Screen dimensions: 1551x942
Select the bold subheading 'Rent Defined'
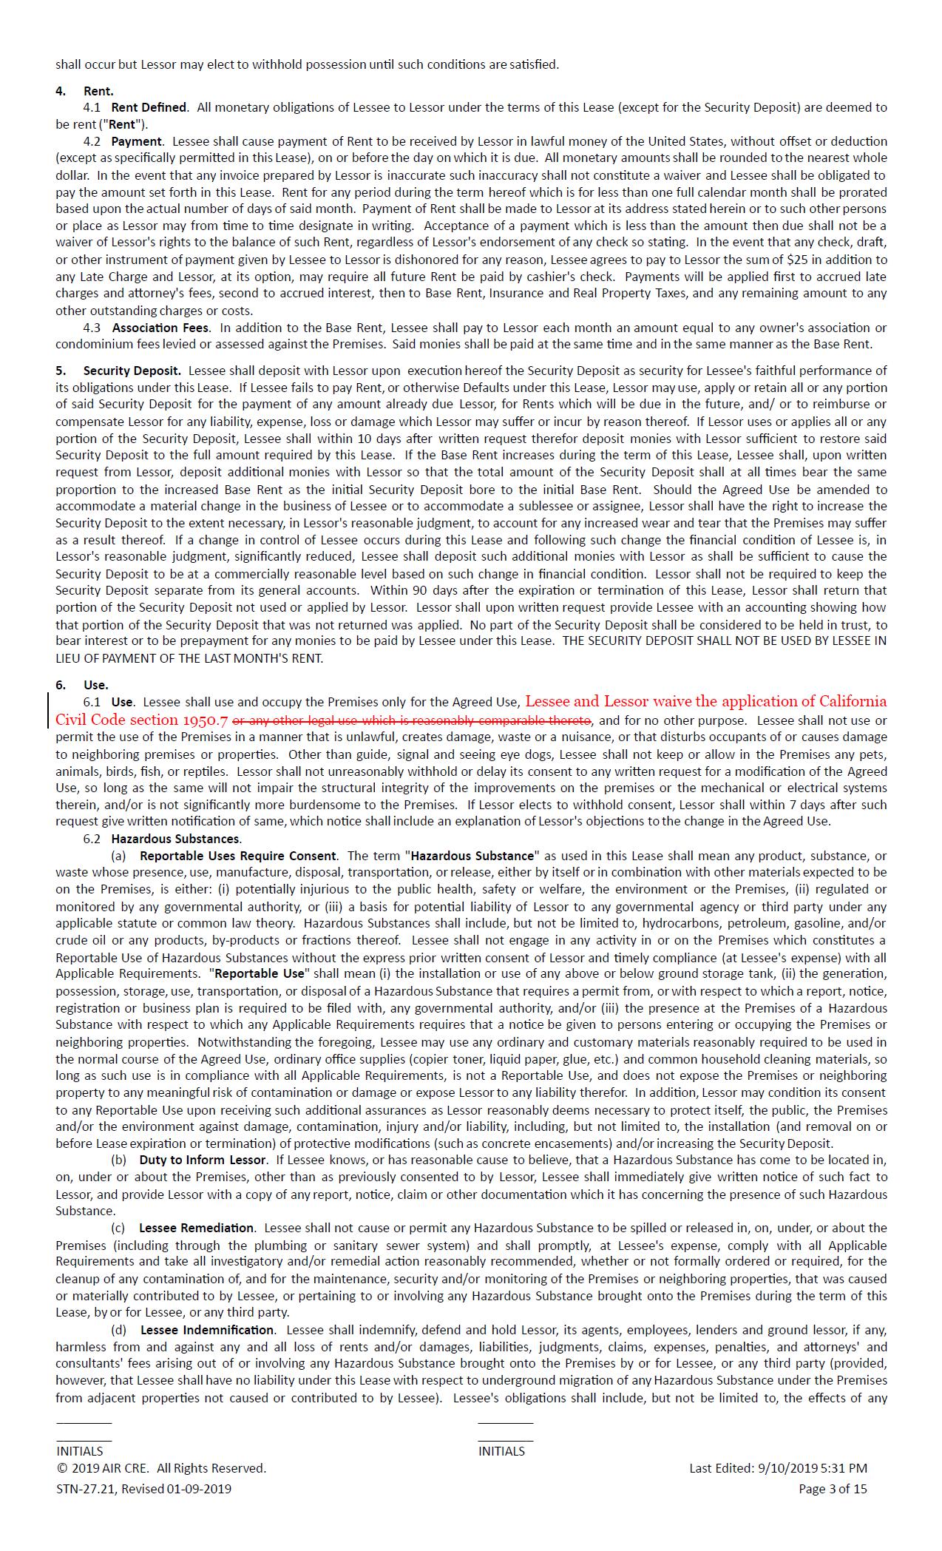pyautogui.click(x=149, y=108)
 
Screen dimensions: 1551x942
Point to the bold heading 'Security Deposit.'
pyautogui.click(x=132, y=371)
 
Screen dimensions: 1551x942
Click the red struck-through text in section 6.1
pyautogui.click(x=412, y=720)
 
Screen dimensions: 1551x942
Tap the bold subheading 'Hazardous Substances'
pyautogui.click(x=175, y=839)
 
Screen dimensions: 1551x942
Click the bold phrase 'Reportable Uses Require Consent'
pyautogui.click(x=238, y=856)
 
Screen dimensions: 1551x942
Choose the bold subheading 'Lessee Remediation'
pyautogui.click(x=196, y=1228)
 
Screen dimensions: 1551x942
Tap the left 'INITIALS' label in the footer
pyautogui.click(x=80, y=1451)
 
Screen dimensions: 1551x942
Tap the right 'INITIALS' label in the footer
pyautogui.click(x=501, y=1451)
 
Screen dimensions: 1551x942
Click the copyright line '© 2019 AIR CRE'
pyautogui.click(x=161, y=1468)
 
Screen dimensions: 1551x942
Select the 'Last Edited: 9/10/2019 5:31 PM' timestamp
pyautogui.click(x=778, y=1468)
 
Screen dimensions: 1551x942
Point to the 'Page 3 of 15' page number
pyautogui.click(x=833, y=1489)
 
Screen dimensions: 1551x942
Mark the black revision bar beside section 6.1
pyautogui.click(x=49, y=711)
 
